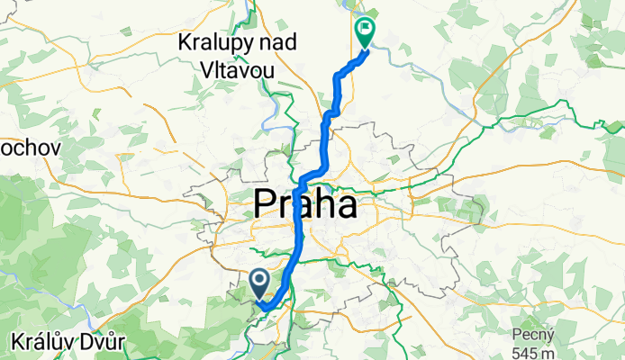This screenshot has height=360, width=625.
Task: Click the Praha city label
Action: [x=305, y=205]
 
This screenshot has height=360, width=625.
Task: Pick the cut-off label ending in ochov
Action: [x=30, y=146]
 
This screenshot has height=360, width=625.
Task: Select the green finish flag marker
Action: [x=366, y=32]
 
